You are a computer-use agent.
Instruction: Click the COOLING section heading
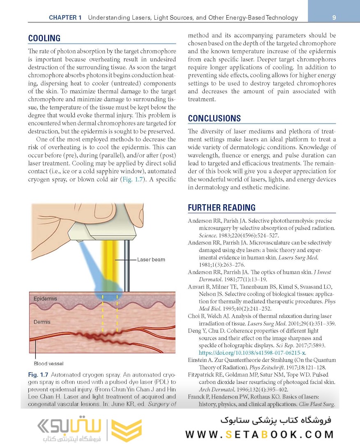point(44,39)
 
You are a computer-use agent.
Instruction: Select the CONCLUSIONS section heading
point(214,118)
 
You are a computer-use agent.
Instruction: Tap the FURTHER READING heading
point(222,208)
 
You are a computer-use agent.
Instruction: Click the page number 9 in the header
point(334,18)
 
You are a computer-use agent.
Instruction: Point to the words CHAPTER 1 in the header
point(65,18)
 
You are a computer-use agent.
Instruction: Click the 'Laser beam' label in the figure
point(151,259)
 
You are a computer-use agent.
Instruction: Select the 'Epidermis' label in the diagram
point(46,299)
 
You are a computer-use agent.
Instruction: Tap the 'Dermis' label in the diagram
point(42,322)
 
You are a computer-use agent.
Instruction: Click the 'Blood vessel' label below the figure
point(48,363)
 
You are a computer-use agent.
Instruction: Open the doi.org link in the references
point(252,353)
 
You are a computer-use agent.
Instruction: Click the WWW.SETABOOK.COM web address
point(259,435)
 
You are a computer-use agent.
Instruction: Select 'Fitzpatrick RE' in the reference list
point(208,375)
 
